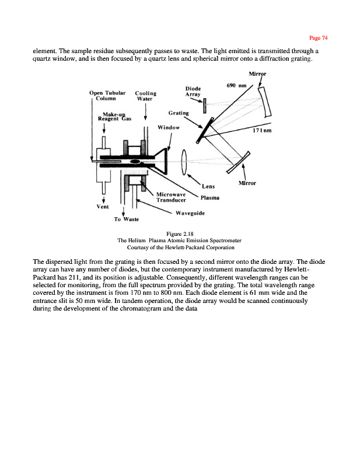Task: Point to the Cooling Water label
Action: [x=145, y=95]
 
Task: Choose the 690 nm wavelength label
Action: [x=235, y=86]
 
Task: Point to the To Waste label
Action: [x=125, y=219]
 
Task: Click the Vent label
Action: [x=102, y=205]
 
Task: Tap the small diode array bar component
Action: [x=205, y=106]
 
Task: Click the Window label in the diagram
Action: [x=169, y=127]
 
